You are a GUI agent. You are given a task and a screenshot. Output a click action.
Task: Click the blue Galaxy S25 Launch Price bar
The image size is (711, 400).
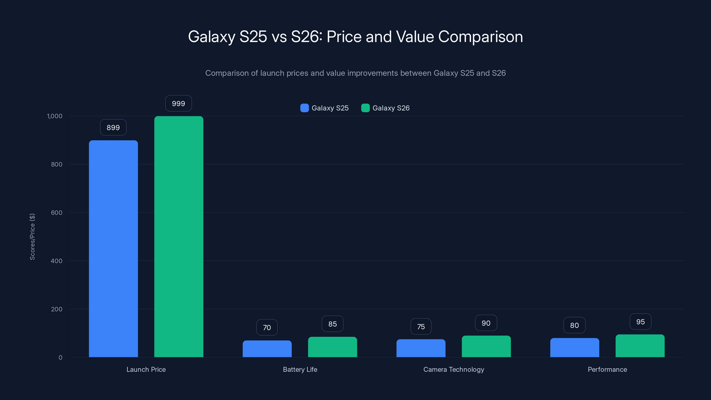(x=113, y=248)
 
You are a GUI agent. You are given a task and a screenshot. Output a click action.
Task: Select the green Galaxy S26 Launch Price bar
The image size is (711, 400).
(x=179, y=237)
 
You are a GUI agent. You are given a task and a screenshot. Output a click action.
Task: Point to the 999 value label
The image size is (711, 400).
(x=178, y=104)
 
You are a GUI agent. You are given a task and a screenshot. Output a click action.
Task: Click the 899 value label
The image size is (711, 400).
(x=113, y=128)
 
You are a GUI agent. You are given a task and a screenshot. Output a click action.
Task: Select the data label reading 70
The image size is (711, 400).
(x=267, y=327)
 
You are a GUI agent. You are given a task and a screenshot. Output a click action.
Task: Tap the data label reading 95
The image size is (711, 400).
(x=640, y=322)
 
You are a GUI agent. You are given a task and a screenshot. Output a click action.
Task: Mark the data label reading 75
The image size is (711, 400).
(x=421, y=327)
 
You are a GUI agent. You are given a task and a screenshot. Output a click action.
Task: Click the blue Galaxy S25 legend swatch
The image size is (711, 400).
(x=304, y=108)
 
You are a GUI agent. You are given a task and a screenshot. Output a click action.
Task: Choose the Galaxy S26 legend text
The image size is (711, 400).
(x=391, y=108)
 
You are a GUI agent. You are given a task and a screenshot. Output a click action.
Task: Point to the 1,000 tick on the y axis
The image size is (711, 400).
(x=55, y=116)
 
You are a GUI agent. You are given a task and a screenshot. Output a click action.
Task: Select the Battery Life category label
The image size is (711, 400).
(x=300, y=369)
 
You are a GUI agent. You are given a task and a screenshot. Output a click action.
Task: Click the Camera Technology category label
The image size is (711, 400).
(x=453, y=369)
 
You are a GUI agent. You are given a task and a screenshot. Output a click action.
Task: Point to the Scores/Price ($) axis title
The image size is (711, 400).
(x=32, y=237)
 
